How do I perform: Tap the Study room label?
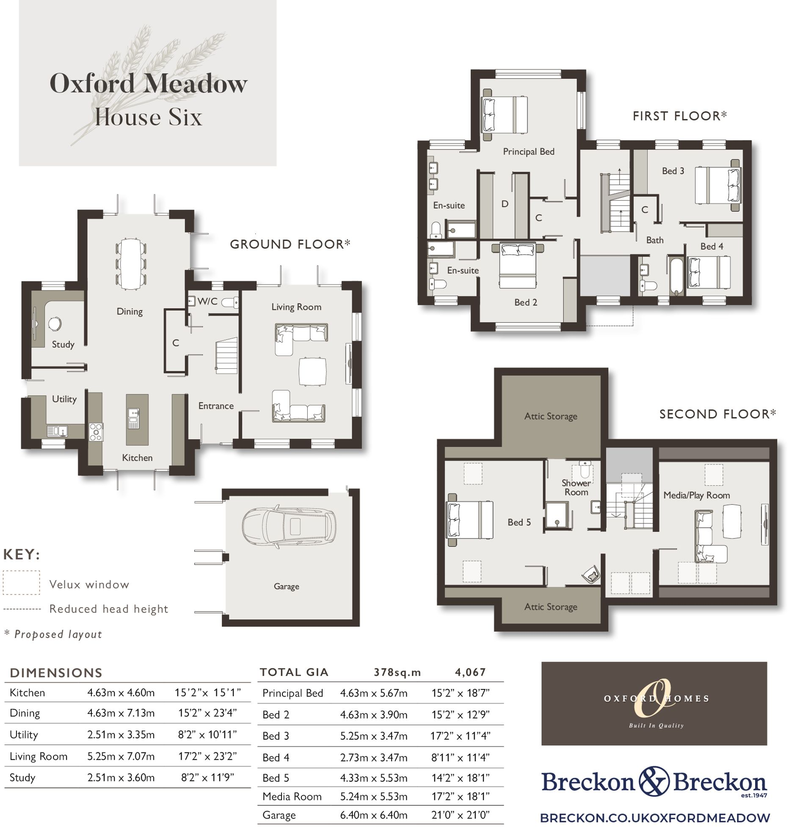point(63,344)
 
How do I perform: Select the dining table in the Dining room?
point(130,264)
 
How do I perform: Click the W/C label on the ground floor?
point(207,301)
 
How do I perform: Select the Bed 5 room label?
point(519,523)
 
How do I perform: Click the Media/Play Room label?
point(696,495)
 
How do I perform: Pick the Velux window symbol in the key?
point(21,583)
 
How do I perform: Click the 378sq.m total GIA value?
point(397,672)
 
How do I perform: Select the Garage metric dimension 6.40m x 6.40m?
point(373,815)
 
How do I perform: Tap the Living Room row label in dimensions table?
point(39,756)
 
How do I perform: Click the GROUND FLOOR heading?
point(290,244)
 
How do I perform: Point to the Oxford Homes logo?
point(654,703)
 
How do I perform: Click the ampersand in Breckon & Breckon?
point(654,781)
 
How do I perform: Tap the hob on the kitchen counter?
point(96,431)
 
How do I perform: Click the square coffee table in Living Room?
point(312,371)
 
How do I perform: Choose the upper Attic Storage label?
point(550,416)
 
